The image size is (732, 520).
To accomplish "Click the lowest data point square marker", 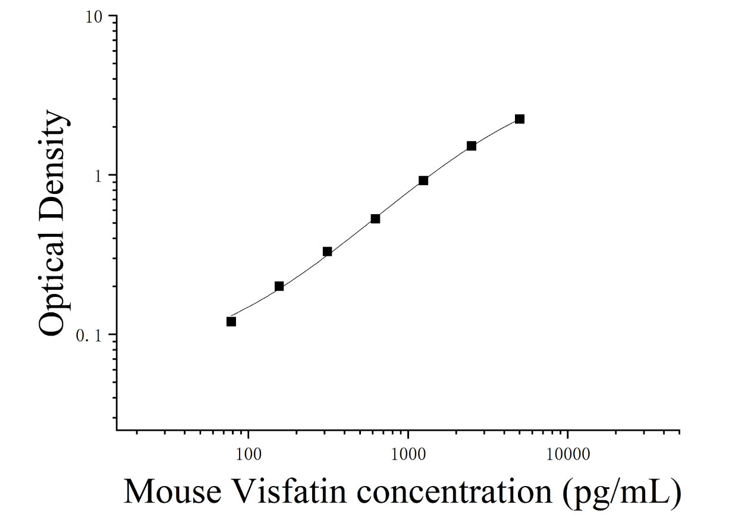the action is [x=231, y=321].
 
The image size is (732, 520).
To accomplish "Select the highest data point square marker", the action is [x=520, y=119].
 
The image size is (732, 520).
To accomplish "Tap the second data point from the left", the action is [x=279, y=287].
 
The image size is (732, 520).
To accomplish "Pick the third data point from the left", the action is [x=327, y=252].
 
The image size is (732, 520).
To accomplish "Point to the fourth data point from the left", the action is [x=375, y=218].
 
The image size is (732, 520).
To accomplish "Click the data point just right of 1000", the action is [x=423, y=180].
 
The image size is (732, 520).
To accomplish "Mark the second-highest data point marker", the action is [x=471, y=146].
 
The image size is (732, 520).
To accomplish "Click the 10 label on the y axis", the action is [x=94, y=17].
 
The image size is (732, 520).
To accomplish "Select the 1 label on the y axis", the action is [x=98, y=177].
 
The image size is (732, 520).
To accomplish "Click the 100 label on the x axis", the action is [x=249, y=455].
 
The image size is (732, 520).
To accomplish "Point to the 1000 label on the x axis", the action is [x=408, y=455].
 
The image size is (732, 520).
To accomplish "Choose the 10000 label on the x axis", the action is [x=568, y=455].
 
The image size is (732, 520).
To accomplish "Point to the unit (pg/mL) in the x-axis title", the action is [x=622, y=494].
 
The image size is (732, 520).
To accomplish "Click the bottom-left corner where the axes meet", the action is [x=117, y=430].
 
